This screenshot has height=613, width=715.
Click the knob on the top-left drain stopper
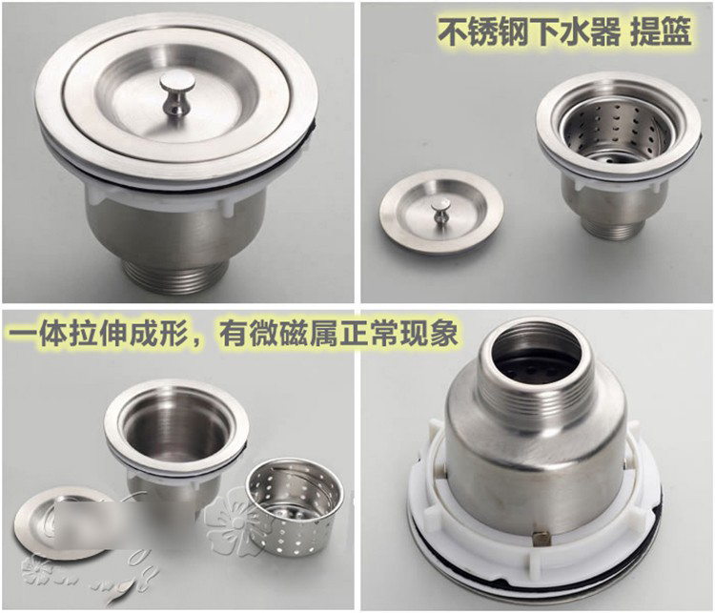point(176,92)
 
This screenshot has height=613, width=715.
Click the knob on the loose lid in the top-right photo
point(440,211)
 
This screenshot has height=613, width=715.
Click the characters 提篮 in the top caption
point(661,31)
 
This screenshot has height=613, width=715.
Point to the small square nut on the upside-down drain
point(540,539)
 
